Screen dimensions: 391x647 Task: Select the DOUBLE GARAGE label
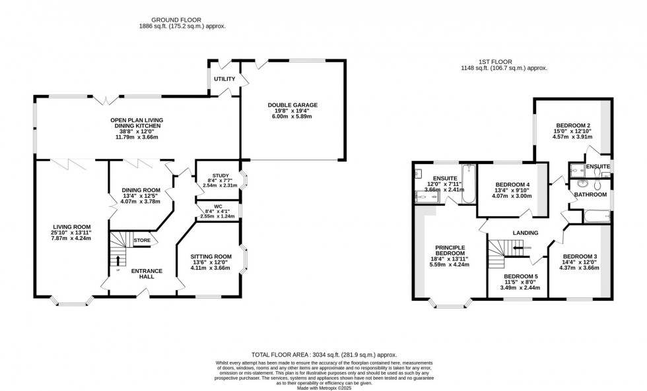pos(292,105)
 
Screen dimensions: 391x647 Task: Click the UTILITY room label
pos(224,79)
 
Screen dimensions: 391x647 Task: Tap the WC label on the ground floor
pos(217,205)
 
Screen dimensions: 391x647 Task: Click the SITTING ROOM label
pos(211,256)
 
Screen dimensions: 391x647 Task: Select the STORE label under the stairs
pos(142,241)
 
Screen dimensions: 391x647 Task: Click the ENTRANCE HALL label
pos(147,274)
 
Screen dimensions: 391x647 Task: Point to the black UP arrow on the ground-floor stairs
pos(119,259)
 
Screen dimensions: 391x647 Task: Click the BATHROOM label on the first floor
pos(590,195)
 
